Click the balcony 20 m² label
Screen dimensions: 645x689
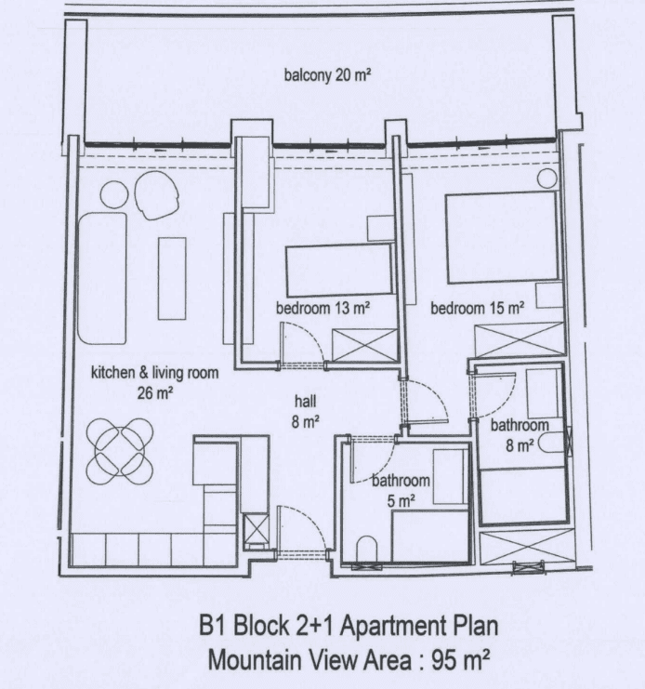click(x=327, y=75)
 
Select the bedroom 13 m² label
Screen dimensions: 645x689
click(x=322, y=308)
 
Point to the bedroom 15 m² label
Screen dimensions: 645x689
click(x=478, y=308)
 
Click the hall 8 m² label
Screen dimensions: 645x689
click(x=305, y=411)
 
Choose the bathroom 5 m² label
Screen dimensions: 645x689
click(x=401, y=490)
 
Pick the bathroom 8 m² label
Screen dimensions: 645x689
click(x=520, y=435)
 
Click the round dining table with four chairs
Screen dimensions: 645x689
click(x=120, y=451)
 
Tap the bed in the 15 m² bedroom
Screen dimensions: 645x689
click(x=502, y=237)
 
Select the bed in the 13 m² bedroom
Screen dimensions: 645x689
click(x=338, y=271)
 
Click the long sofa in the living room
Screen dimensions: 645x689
click(x=102, y=278)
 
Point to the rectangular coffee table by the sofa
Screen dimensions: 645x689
click(x=172, y=279)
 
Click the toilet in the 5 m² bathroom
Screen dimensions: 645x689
click(x=367, y=549)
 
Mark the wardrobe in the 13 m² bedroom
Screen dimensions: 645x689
click(x=365, y=345)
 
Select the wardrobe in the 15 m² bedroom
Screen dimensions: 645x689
click(x=520, y=339)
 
